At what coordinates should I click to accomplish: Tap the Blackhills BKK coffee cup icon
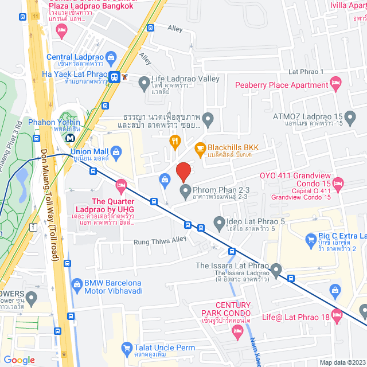[200, 147]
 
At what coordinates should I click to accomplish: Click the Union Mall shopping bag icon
[116, 151]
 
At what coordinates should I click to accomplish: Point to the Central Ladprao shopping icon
[111, 57]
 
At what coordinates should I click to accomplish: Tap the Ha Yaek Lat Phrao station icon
[115, 77]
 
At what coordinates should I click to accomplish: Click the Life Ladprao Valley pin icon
[144, 84]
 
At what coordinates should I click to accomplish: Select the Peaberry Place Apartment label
[281, 85]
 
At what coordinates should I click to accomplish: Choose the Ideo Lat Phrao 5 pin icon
[218, 221]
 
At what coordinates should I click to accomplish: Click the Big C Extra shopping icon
[311, 237]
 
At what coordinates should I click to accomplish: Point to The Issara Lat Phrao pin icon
[276, 268]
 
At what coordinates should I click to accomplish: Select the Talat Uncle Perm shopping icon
[127, 348]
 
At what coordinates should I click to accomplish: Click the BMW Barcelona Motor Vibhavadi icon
[77, 283]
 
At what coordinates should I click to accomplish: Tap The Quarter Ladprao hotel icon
[120, 184]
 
